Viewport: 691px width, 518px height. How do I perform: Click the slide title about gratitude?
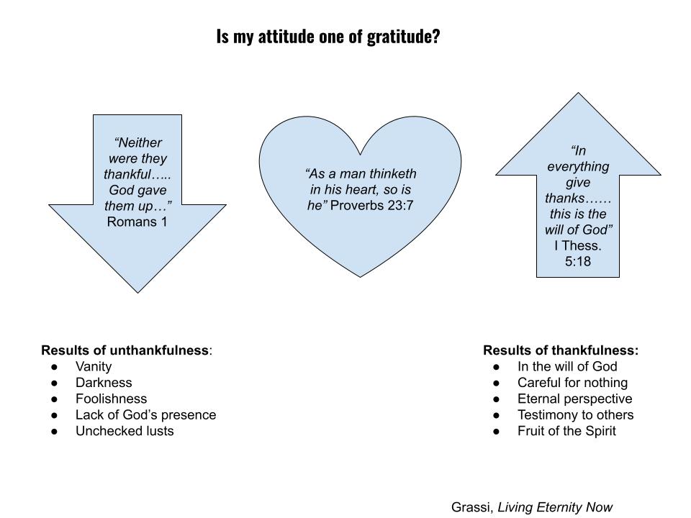pyautogui.click(x=328, y=37)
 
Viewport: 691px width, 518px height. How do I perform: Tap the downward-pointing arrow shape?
pyautogui.click(x=137, y=245)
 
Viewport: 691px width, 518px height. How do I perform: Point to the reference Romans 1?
pyautogui.click(x=137, y=222)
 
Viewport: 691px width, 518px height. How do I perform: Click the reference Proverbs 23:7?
pyautogui.click(x=372, y=206)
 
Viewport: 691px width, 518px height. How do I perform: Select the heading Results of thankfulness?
pyautogui.click(x=560, y=350)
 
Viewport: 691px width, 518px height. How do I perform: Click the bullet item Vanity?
pyautogui.click(x=94, y=366)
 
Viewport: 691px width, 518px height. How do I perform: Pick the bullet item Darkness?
pyautogui.click(x=104, y=383)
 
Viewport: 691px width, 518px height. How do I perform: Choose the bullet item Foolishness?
pyautogui.click(x=111, y=399)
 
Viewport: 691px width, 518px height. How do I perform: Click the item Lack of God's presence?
pyautogui.click(x=145, y=414)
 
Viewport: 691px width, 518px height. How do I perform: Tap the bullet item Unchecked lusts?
pyautogui.click(x=125, y=431)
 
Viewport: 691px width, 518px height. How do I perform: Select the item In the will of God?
pyautogui.click(x=567, y=366)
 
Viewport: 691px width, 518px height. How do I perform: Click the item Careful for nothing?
pyautogui.click(x=572, y=383)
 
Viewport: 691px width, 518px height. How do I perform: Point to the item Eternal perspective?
pyautogui.click(x=574, y=399)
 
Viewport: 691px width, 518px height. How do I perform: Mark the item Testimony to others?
pyautogui.click(x=575, y=414)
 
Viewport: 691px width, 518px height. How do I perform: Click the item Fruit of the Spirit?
pyautogui.click(x=566, y=431)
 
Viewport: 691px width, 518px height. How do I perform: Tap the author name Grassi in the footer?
pyautogui.click(x=471, y=507)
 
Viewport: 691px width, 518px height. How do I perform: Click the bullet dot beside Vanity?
pyautogui.click(x=55, y=367)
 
